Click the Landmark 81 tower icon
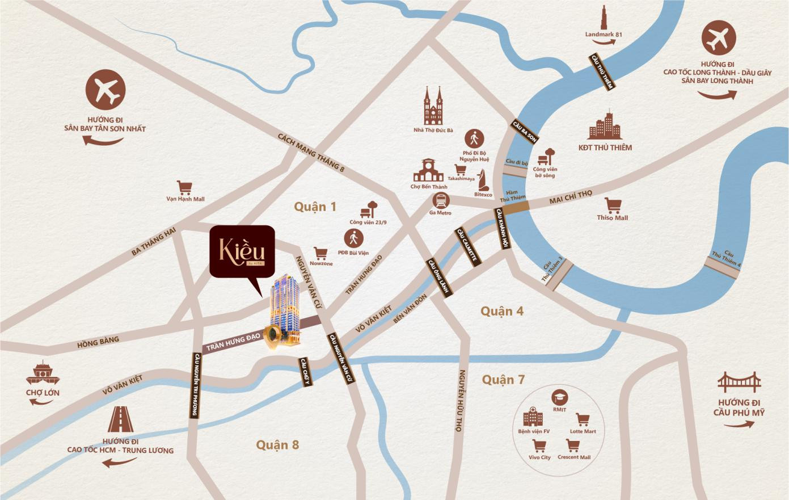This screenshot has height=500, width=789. click(x=604, y=17)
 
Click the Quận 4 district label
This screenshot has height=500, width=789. click(x=502, y=311)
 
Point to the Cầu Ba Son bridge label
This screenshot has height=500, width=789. click(x=525, y=131)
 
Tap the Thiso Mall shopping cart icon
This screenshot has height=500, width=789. click(x=612, y=205)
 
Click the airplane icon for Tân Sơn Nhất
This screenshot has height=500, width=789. click(x=106, y=90)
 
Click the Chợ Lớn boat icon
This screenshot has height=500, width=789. click(x=43, y=373)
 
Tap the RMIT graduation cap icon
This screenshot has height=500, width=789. click(x=559, y=398)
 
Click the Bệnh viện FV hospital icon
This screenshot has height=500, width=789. click(x=533, y=417)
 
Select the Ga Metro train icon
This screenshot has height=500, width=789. click(x=441, y=200)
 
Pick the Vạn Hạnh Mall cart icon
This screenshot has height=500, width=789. click(x=184, y=187)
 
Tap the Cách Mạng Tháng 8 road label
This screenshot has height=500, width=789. click(x=311, y=152)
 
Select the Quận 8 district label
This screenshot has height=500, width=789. click(x=277, y=444)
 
